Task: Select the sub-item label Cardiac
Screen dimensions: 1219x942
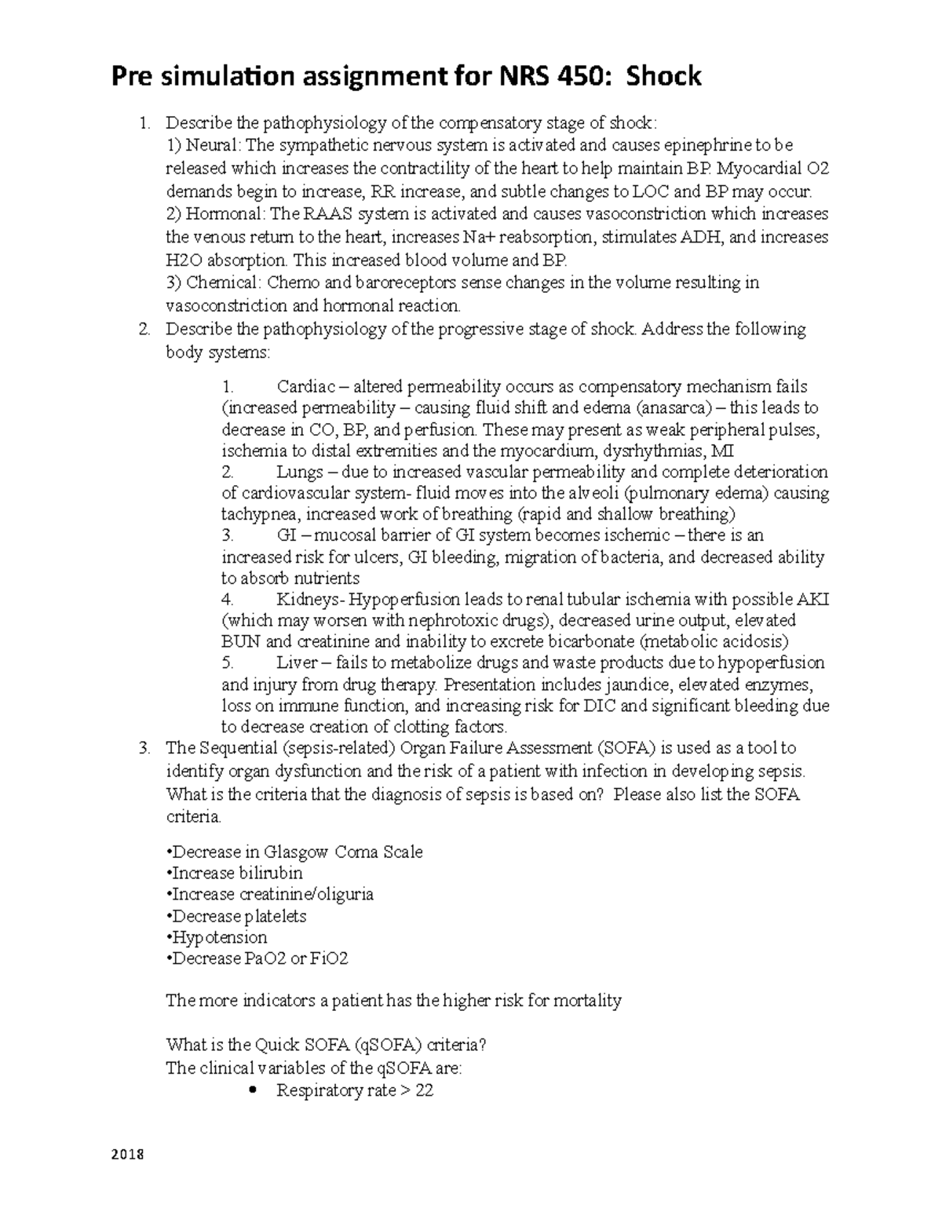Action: click(306, 387)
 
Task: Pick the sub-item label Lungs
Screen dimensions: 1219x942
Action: click(300, 473)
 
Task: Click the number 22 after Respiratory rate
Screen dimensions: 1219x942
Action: click(424, 1091)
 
